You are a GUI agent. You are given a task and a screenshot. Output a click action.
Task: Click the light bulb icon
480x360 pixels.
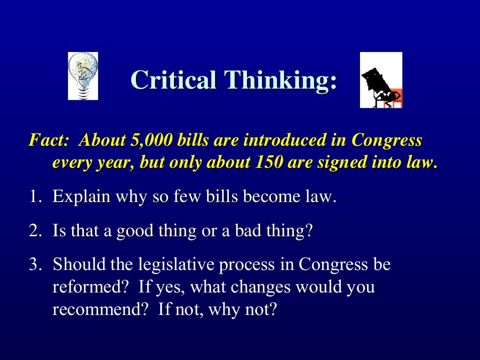(83, 76)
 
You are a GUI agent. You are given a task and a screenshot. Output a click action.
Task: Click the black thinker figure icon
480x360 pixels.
(381, 80)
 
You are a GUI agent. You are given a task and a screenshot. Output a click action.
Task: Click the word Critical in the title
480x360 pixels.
(173, 80)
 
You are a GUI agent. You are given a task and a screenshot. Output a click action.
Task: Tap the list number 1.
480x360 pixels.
(36, 196)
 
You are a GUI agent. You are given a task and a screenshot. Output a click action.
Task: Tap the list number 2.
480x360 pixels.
(36, 231)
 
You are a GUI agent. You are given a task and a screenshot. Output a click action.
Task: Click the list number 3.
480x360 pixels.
(36, 265)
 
